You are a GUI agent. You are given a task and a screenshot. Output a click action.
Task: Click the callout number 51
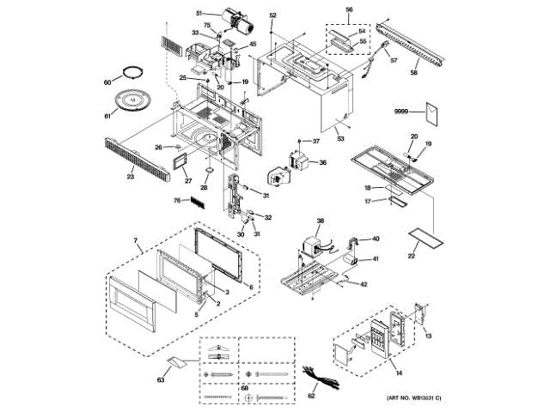pyautogui.click(x=199, y=14)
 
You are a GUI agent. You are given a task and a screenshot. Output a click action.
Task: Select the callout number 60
pyautogui.click(x=107, y=82)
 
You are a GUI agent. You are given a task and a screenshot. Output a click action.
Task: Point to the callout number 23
pyautogui.click(x=131, y=177)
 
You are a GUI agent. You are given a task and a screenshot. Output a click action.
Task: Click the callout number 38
pyautogui.click(x=321, y=221)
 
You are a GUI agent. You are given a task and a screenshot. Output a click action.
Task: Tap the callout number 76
pyautogui.click(x=174, y=202)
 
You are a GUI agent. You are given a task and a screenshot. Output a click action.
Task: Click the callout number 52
pyautogui.click(x=272, y=16)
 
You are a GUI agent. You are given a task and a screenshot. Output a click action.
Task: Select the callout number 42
pyautogui.click(x=364, y=284)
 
